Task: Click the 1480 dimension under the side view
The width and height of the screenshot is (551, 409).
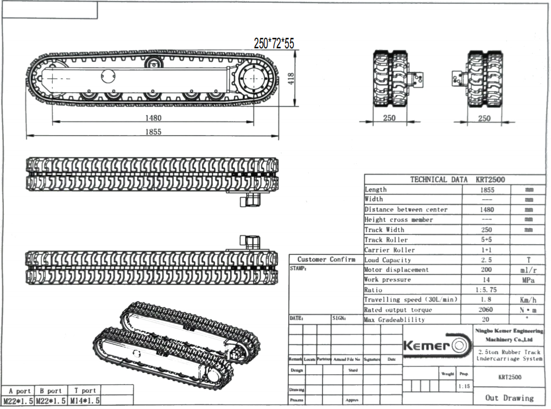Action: (154, 118)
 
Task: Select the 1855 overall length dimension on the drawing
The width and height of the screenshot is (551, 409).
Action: (154, 131)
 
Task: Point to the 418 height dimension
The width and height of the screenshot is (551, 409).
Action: (291, 79)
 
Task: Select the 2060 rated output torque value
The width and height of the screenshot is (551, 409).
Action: (486, 309)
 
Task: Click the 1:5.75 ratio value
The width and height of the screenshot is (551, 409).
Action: (486, 290)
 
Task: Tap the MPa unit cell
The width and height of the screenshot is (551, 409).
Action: (528, 280)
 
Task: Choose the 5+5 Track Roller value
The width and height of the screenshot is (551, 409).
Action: (486, 240)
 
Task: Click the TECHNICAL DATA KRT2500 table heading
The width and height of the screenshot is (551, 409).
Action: (455, 180)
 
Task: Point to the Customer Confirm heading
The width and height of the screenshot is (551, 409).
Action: (326, 259)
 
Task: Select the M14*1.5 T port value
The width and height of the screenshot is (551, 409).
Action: (85, 401)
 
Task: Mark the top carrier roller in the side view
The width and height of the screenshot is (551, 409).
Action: (154, 63)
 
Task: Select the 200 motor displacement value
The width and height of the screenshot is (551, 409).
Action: (486, 270)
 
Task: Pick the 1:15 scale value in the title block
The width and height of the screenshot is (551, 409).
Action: (464, 387)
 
